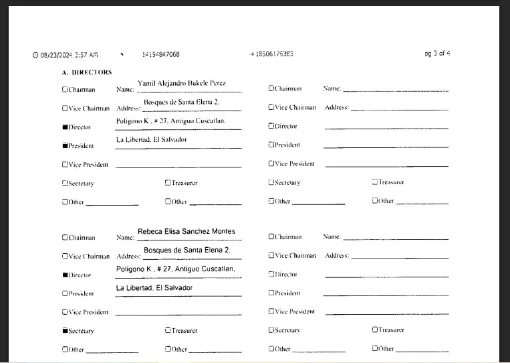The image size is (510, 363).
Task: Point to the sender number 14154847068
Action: (x=160, y=54)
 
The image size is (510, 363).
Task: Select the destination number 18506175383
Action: (x=274, y=54)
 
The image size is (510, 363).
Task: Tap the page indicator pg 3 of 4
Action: (x=437, y=54)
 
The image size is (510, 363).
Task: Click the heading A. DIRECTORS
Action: (x=87, y=72)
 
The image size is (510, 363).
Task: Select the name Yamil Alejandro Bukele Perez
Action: (x=181, y=84)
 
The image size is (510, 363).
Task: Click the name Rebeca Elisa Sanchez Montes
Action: (x=186, y=232)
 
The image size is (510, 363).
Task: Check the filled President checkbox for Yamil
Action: (x=65, y=145)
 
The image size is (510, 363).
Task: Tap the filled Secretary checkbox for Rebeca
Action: (x=65, y=330)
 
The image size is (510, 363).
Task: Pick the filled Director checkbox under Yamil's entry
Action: (x=65, y=127)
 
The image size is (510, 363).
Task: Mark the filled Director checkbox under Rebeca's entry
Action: (x=65, y=275)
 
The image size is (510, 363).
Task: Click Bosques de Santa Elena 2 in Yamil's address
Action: (x=182, y=102)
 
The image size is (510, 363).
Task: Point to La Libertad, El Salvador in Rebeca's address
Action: (x=154, y=288)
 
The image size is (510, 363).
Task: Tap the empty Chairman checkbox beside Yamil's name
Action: (x=65, y=88)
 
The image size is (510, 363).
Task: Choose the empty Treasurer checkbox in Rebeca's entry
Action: (x=168, y=330)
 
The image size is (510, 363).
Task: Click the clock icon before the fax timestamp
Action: (x=35, y=56)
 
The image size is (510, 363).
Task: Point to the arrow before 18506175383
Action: (x=251, y=54)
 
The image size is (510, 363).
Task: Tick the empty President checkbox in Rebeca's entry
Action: (x=65, y=293)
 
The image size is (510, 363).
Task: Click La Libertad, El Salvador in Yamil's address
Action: (x=152, y=140)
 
